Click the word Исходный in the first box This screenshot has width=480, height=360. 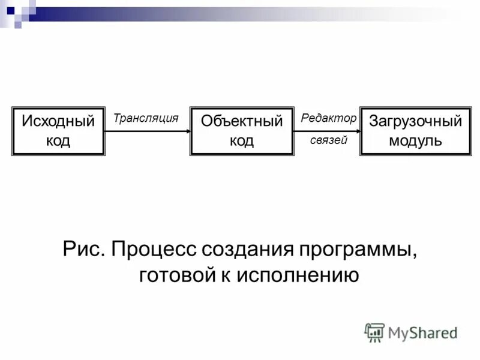(x=58, y=122)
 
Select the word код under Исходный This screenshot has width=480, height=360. (x=58, y=141)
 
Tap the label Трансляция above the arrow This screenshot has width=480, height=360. (x=146, y=119)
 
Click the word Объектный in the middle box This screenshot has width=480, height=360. (x=242, y=122)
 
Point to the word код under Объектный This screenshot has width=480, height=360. (x=242, y=141)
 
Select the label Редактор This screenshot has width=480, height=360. (x=328, y=119)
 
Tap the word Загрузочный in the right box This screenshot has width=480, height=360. (x=415, y=122)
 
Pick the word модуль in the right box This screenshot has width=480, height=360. (x=415, y=141)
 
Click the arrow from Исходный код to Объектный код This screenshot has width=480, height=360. (x=147, y=131)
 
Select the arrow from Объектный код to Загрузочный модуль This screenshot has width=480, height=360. (x=327, y=131)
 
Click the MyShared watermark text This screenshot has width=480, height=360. (x=422, y=332)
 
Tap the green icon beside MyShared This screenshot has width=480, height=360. (x=374, y=332)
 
